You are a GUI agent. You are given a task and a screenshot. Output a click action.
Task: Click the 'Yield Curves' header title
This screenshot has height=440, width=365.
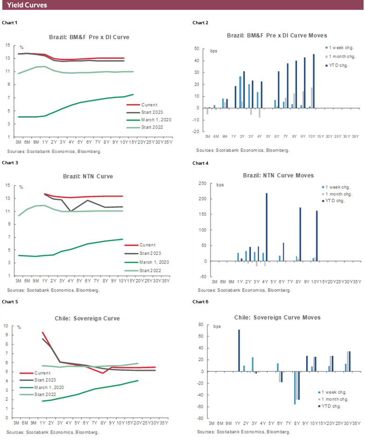27,5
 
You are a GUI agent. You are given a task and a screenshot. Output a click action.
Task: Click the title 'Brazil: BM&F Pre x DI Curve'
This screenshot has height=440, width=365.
89,37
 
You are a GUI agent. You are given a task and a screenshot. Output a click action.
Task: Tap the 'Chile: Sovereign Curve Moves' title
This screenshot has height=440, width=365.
277,317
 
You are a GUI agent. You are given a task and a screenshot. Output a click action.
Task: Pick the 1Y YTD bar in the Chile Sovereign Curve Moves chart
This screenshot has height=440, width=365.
239,350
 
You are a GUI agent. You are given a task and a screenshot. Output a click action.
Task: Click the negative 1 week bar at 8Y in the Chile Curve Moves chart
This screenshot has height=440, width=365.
295,388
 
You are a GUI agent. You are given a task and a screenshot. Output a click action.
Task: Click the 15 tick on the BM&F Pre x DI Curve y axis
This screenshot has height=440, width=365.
7,45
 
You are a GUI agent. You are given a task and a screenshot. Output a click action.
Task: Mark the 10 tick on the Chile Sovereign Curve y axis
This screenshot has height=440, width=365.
7,326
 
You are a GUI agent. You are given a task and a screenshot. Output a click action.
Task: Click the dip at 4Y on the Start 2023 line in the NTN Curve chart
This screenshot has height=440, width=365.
71,211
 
